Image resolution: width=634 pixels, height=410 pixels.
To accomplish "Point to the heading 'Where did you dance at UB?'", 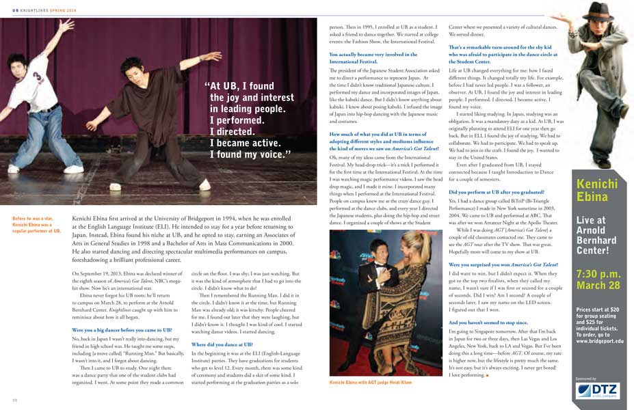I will point(222,344).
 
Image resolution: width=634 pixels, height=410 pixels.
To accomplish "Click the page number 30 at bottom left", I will point(15,398).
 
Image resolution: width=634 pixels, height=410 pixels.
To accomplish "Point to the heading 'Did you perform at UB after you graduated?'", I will point(496,193).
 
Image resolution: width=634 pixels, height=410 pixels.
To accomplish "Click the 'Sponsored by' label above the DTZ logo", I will point(586,379).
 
